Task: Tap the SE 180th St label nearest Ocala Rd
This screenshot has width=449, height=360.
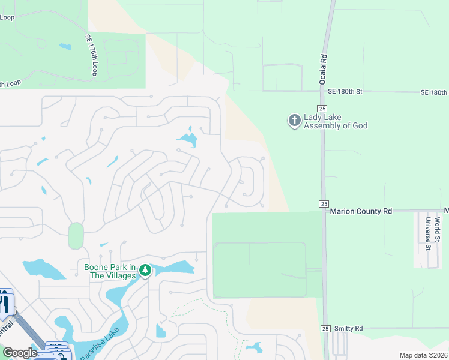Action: click(x=345, y=92)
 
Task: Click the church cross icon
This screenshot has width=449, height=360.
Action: click(x=294, y=121)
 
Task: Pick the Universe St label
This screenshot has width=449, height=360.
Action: click(x=429, y=234)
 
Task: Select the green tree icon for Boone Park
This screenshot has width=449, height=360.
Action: click(x=145, y=271)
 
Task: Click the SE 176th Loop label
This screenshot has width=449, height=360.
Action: click(x=91, y=55)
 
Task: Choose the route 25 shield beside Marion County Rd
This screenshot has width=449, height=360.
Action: click(x=324, y=204)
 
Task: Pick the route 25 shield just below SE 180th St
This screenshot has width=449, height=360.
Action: click(x=323, y=107)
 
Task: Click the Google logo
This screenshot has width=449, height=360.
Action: click(x=20, y=353)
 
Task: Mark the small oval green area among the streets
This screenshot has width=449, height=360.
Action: click(x=76, y=235)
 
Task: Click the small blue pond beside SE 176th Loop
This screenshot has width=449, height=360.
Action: click(x=65, y=46)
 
